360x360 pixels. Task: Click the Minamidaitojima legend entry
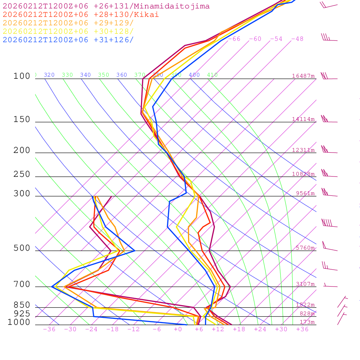click(106, 6)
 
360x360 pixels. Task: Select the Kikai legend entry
click(81, 15)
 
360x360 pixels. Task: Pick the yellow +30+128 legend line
click(68, 32)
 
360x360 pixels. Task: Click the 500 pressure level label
click(22, 248)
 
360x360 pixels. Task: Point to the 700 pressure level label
click(22, 284)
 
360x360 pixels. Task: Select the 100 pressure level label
click(22, 76)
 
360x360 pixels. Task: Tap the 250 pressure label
click(22, 174)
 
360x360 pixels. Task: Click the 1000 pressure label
click(19, 322)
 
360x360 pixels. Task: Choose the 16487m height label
click(303, 76)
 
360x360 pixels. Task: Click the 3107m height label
click(305, 284)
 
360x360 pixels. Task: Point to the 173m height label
click(307, 322)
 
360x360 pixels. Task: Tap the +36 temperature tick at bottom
click(302, 329)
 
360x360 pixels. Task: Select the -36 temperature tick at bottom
click(49, 329)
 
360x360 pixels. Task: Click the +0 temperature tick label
click(178, 329)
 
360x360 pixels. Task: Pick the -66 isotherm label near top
click(234, 39)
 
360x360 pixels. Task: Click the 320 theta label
click(49, 75)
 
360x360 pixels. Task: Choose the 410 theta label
click(212, 75)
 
